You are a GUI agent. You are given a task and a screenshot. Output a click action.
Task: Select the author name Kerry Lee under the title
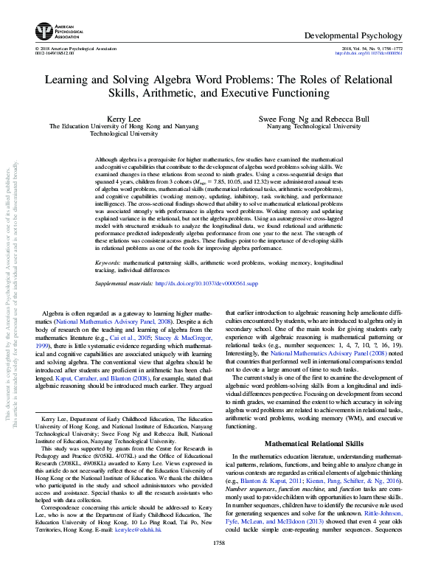click(x=118, y=118)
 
